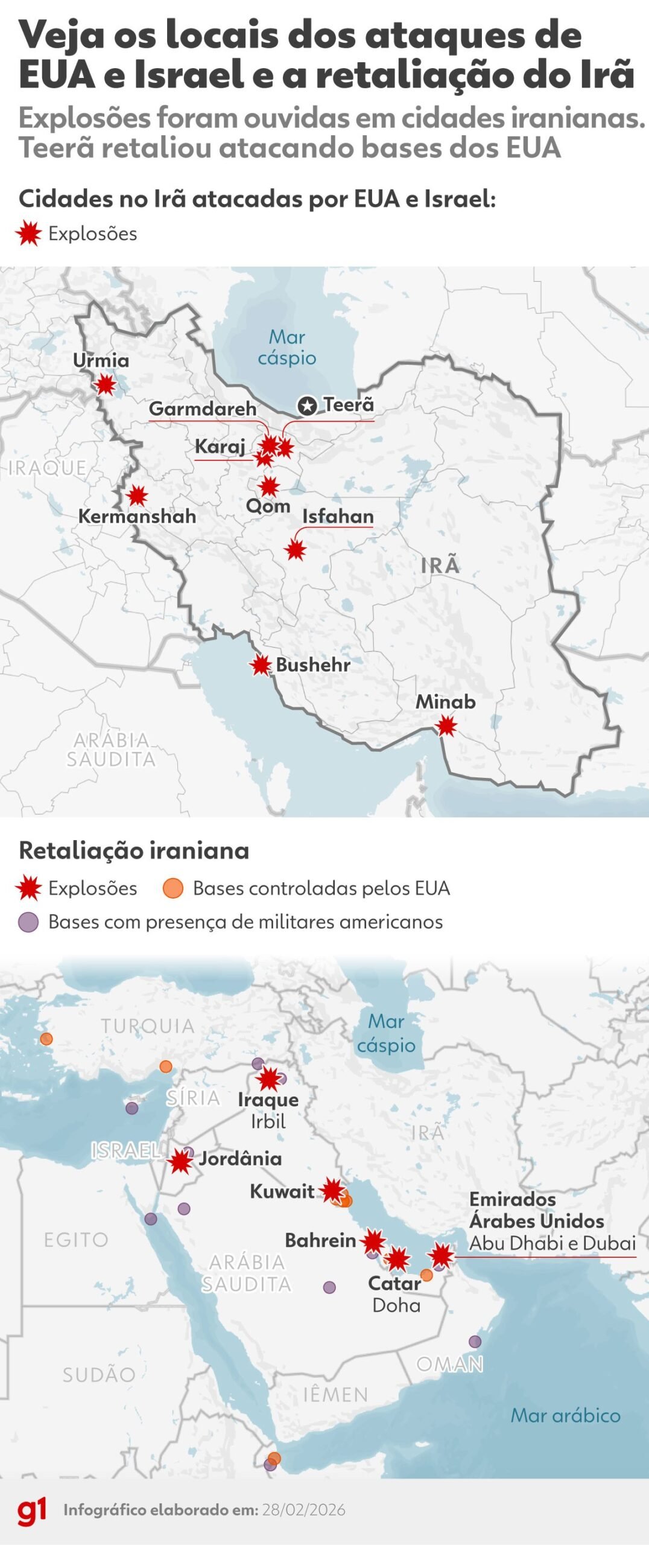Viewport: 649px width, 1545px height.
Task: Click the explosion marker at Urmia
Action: (x=106, y=384)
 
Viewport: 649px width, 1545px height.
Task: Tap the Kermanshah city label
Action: (x=137, y=517)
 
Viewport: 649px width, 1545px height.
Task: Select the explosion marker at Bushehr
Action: (x=261, y=665)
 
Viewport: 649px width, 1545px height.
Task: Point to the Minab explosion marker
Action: (x=446, y=726)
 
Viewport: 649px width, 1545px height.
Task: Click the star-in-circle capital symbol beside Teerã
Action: (x=308, y=406)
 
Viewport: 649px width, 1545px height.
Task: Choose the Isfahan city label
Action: (x=338, y=517)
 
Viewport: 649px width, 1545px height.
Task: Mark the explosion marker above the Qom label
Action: (x=269, y=486)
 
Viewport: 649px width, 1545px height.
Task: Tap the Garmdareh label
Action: (x=203, y=409)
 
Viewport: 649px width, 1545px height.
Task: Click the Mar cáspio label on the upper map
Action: (x=287, y=347)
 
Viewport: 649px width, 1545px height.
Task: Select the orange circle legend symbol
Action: (x=173, y=888)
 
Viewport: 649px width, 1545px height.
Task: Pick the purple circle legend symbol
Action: (x=28, y=922)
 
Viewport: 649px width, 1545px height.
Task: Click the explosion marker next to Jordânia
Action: (x=180, y=1161)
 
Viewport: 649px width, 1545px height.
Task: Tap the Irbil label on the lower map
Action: (x=268, y=1121)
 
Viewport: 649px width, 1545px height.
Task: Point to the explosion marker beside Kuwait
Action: (x=333, y=1191)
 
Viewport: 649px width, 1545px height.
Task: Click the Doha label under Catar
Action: (x=396, y=1305)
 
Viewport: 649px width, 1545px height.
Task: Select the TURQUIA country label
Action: (x=148, y=1026)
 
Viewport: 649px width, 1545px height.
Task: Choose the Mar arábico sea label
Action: (x=565, y=1415)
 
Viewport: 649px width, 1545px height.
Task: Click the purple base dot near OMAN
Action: (x=475, y=1342)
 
